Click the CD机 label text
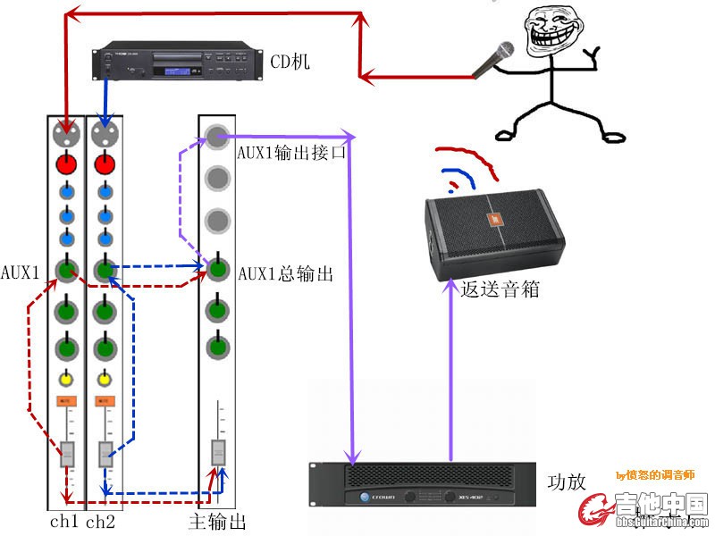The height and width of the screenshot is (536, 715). (290, 62)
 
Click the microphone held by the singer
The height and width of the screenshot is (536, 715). (497, 59)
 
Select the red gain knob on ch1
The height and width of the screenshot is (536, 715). (65, 164)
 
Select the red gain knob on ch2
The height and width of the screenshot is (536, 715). (105, 164)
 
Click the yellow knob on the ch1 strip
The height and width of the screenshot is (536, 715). (65, 379)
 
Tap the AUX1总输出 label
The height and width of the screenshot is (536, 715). (285, 274)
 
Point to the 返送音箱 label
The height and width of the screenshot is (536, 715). (500, 290)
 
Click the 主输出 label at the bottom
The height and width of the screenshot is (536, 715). (218, 522)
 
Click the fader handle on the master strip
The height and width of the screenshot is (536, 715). (217, 453)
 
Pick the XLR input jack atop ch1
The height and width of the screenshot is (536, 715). (65, 133)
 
